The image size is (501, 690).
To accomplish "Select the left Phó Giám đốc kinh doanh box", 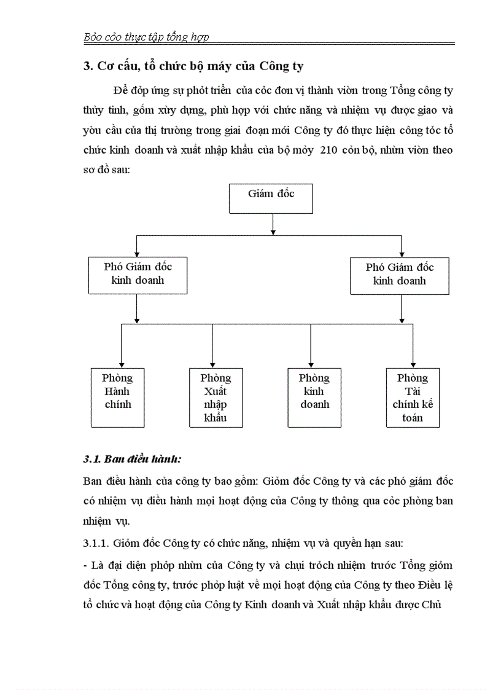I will tap(138, 274).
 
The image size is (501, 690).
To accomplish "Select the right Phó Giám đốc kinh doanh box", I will tap(400, 274).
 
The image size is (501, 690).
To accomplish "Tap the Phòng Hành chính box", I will tap(117, 397).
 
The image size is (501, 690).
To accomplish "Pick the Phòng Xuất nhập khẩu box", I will tap(216, 397).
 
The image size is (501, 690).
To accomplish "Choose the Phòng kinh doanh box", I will tap(314, 397).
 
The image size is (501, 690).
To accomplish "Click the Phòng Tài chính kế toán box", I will tap(413, 397).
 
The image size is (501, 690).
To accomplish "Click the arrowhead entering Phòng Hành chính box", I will tap(122, 364).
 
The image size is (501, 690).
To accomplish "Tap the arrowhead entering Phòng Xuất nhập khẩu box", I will tap(212, 364).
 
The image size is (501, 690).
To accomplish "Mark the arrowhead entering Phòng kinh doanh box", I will tap(311, 364).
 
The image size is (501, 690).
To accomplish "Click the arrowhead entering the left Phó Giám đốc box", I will tap(136, 253).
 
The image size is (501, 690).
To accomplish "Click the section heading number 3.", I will tap(87, 66).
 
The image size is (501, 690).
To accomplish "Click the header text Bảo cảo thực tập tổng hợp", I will tap(146, 37).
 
